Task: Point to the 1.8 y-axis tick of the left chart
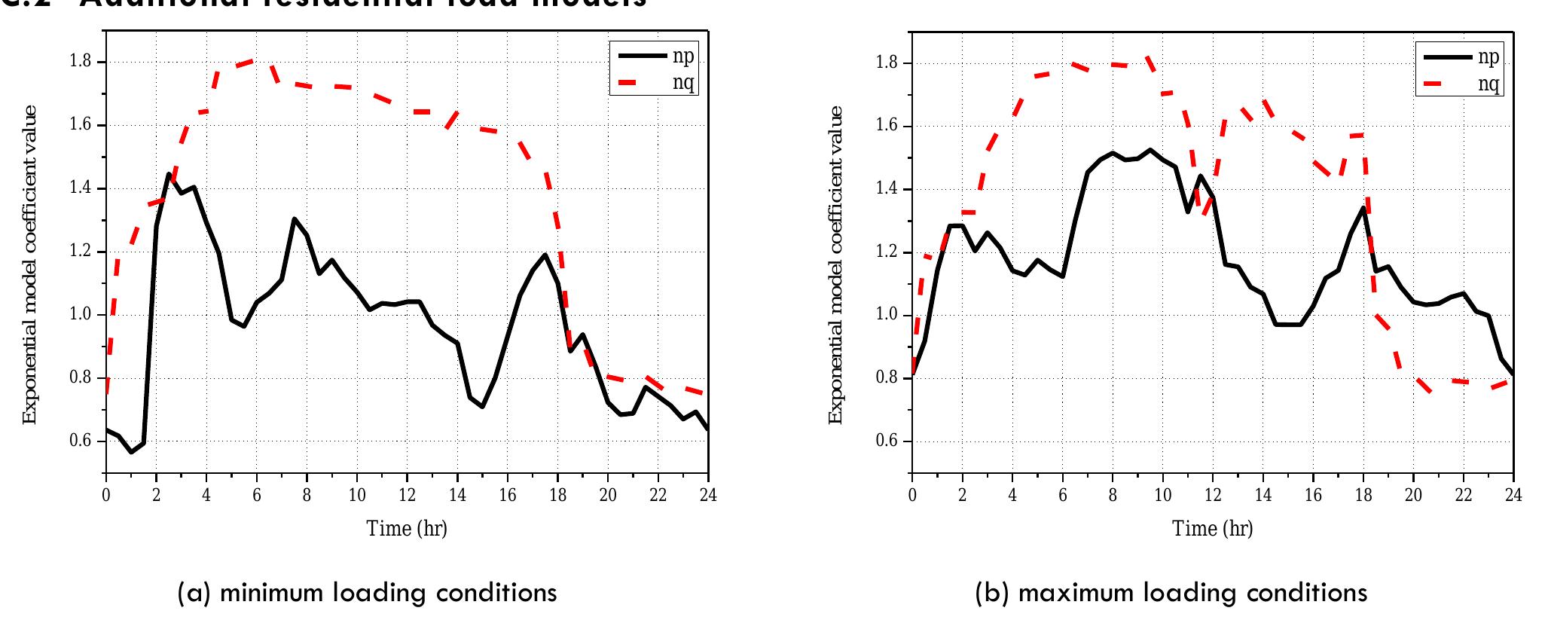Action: [x=81, y=62]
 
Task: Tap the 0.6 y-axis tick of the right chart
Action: [x=887, y=441]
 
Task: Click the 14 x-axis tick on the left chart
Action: [x=457, y=495]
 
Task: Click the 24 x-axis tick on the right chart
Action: [x=1513, y=495]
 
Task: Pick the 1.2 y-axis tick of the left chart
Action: [x=81, y=252]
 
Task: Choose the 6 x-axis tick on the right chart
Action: [x=1062, y=495]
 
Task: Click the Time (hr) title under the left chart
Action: [x=407, y=528]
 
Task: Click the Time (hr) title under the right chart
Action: [x=1212, y=528]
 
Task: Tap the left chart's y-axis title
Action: [x=29, y=264]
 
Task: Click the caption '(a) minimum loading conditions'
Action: [x=367, y=593]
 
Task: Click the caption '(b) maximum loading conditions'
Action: [x=1171, y=593]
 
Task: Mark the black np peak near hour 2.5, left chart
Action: [x=169, y=174]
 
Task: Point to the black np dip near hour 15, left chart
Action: [x=482, y=407]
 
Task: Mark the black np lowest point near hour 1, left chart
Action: [x=131, y=452]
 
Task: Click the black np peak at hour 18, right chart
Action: [x=1363, y=208]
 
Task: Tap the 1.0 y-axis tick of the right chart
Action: [x=887, y=315]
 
